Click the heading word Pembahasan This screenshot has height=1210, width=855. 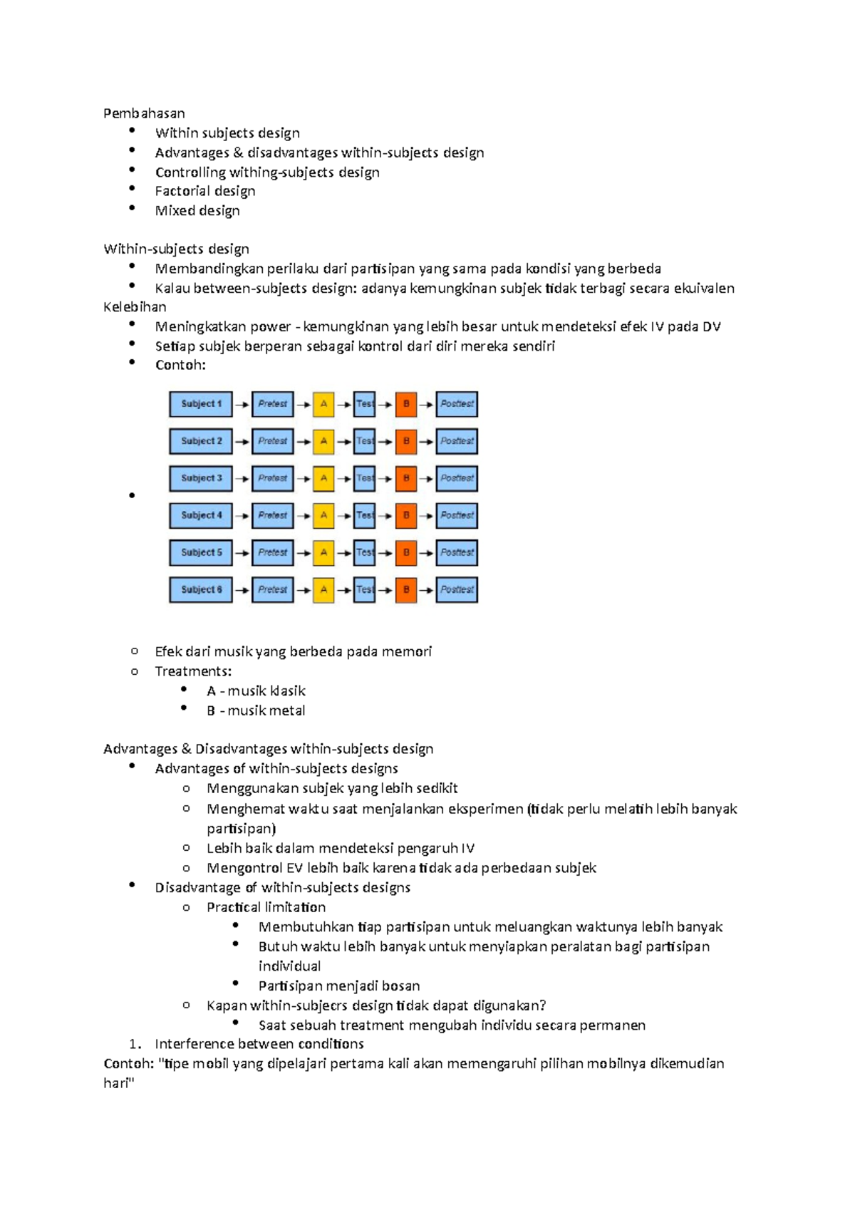144,113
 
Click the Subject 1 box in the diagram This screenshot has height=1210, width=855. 201,404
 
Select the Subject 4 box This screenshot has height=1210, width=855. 201,515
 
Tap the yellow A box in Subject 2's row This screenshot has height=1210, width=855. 323,441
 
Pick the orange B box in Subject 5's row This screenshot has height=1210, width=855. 406,552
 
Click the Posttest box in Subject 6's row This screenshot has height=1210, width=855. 457,589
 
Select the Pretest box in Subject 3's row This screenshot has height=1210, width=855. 273,478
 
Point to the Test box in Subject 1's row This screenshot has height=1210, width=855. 365,404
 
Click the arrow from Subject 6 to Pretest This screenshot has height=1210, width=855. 242,590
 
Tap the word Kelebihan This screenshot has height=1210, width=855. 135,307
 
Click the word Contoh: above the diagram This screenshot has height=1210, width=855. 180,366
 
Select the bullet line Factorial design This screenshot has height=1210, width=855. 205,191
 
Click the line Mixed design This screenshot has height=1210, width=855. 197,211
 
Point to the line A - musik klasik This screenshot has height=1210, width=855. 256,691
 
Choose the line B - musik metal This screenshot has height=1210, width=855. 256,710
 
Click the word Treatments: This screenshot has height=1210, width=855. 193,671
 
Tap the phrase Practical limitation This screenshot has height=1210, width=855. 266,907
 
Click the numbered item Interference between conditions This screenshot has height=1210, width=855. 259,1044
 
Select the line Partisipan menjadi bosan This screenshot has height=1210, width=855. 339,986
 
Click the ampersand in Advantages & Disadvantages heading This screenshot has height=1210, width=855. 187,749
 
